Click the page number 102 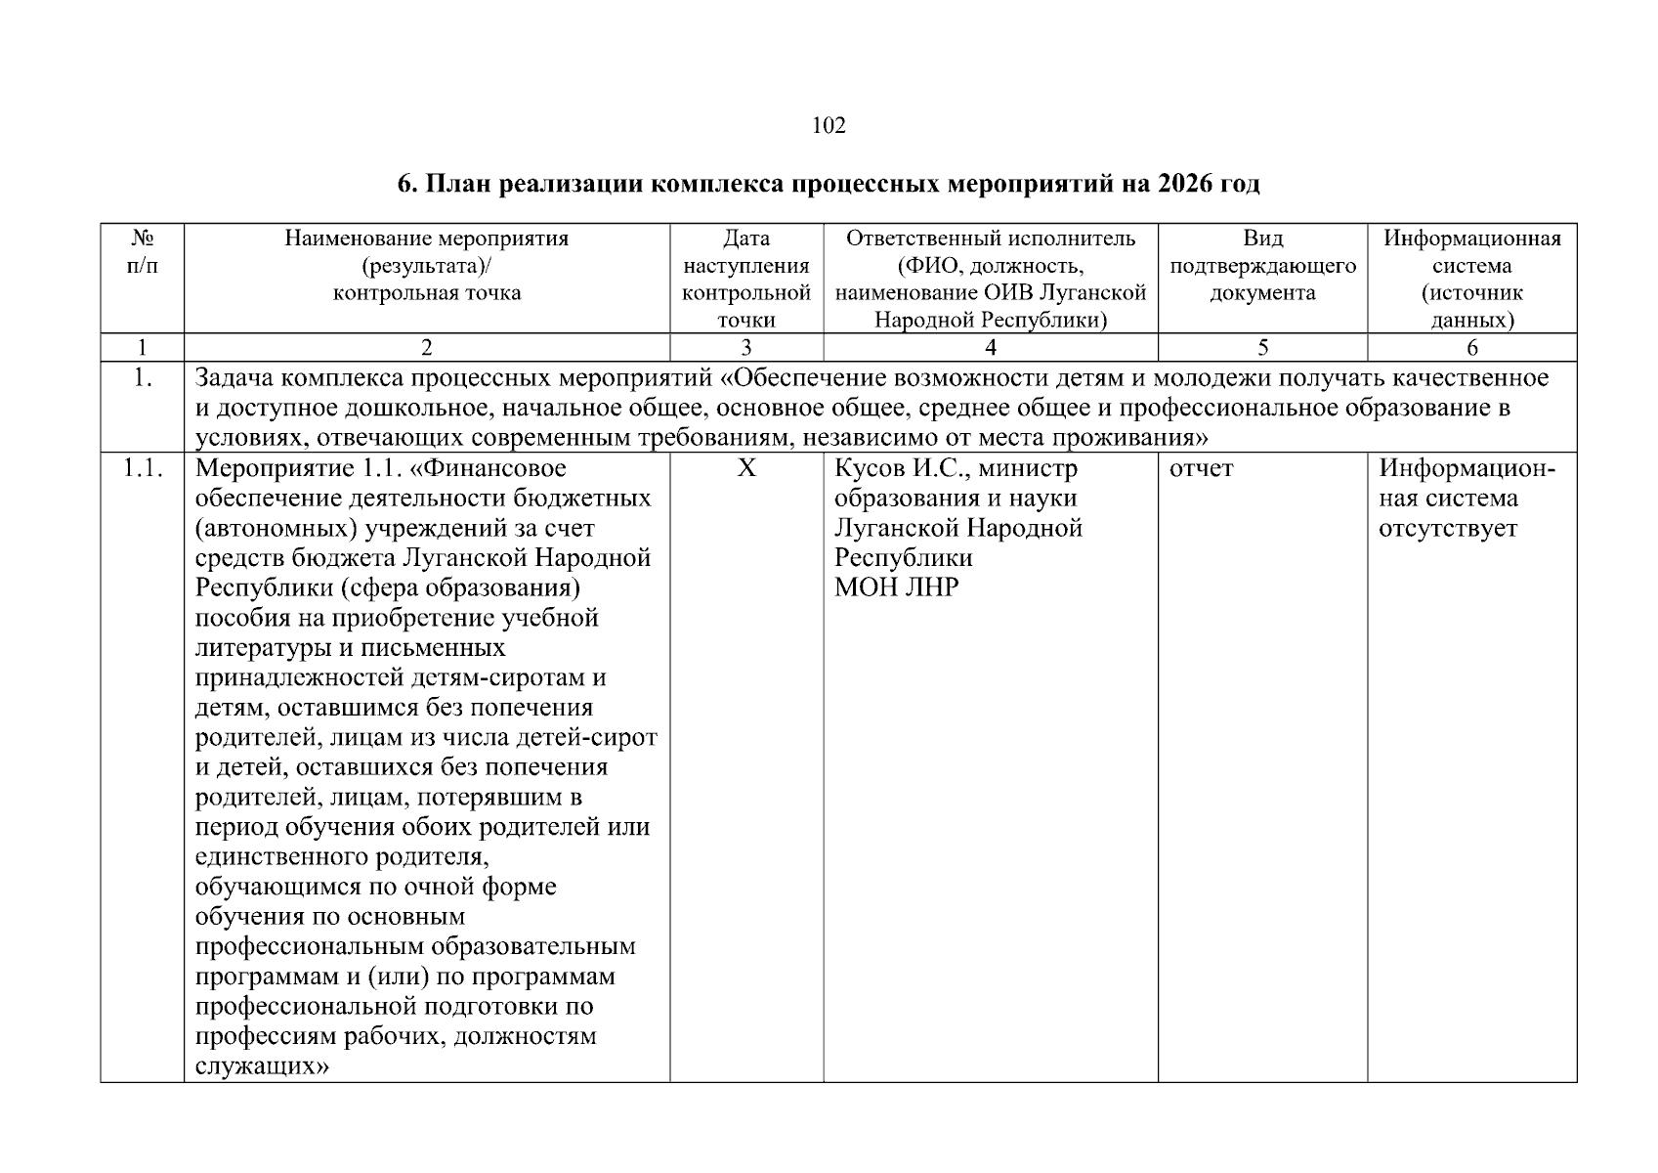coord(829,125)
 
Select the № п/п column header coord(143,252)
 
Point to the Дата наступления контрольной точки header coord(746,279)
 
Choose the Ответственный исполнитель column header coord(990,239)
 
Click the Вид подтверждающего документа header coord(1262,266)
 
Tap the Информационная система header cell coord(1471,279)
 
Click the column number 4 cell coord(990,347)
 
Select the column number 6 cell coord(1471,347)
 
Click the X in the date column coord(746,469)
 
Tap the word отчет coord(1201,469)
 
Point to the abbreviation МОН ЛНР coord(896,587)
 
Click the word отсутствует coord(1447,529)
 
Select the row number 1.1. coord(143,469)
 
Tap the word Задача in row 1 coord(237,378)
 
